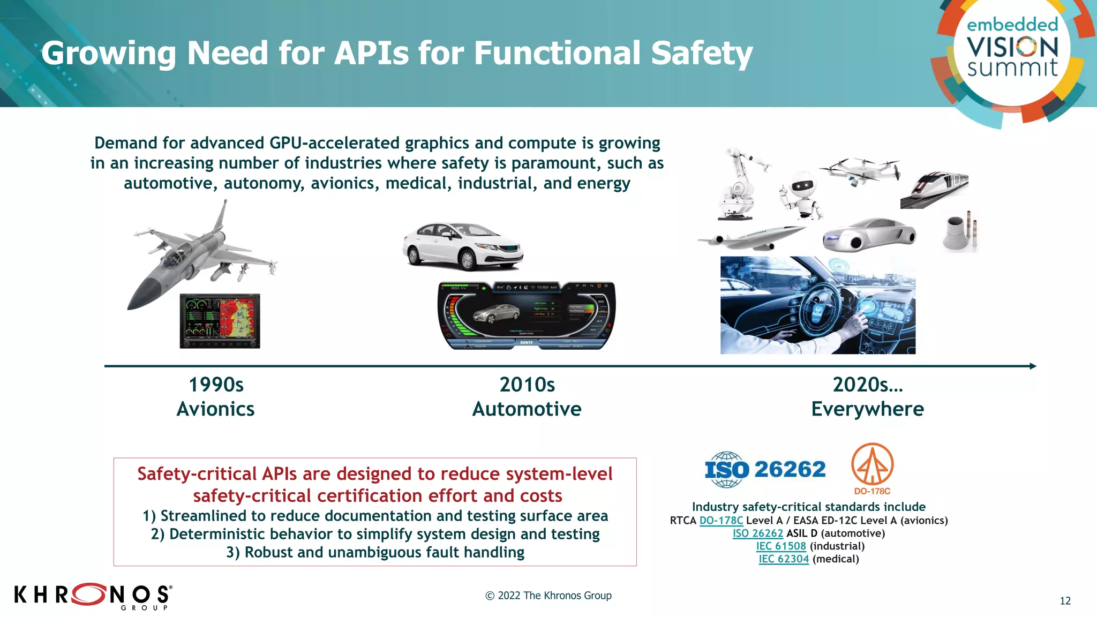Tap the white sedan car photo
(x=462, y=246)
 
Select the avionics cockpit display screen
(x=220, y=321)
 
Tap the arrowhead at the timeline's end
(x=1033, y=366)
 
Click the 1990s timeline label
(x=216, y=385)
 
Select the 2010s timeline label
(x=527, y=385)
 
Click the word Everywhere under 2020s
(x=867, y=409)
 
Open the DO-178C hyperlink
(x=721, y=521)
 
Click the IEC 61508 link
(x=781, y=546)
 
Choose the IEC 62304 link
(x=783, y=559)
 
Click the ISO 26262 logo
(x=765, y=470)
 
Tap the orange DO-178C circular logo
(x=872, y=465)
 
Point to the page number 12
(x=1065, y=601)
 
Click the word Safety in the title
(x=702, y=54)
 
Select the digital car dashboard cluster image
(x=526, y=316)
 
